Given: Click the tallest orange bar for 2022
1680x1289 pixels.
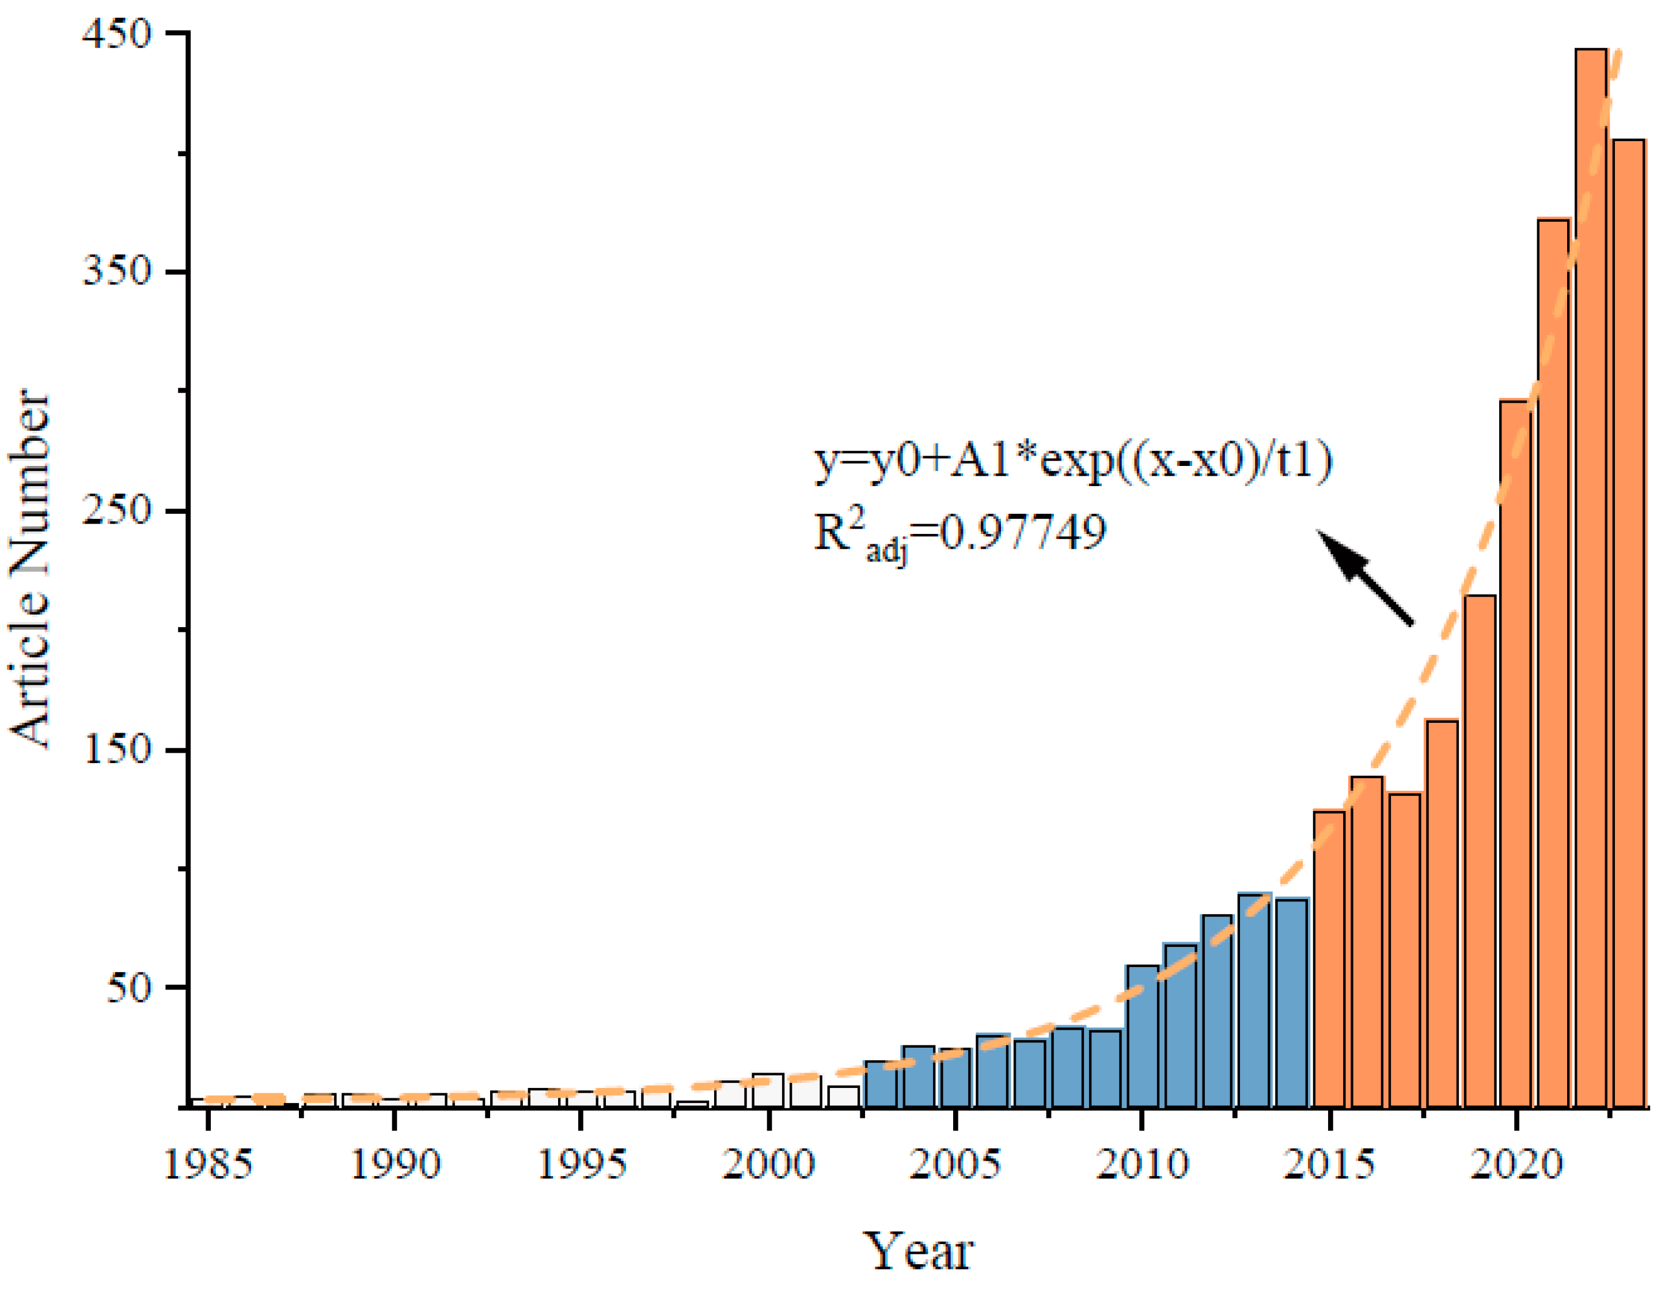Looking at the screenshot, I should tap(1590, 575).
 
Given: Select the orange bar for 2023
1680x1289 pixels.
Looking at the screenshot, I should tap(1629, 621).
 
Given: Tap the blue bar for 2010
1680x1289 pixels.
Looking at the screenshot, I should tap(1142, 1036).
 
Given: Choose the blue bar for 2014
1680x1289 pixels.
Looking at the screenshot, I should tap(1292, 1001).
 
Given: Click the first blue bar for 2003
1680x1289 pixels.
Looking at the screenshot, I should tap(880, 1083).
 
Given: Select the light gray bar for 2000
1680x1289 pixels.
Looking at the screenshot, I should tap(767, 1090).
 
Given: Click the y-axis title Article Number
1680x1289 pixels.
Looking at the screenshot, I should tap(31, 568).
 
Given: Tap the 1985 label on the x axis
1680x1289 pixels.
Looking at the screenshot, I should tap(207, 1164).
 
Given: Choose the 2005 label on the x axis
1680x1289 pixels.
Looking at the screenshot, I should tap(955, 1164).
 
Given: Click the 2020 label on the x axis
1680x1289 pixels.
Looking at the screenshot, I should tap(1516, 1164).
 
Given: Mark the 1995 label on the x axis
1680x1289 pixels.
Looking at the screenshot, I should tap(581, 1164).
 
